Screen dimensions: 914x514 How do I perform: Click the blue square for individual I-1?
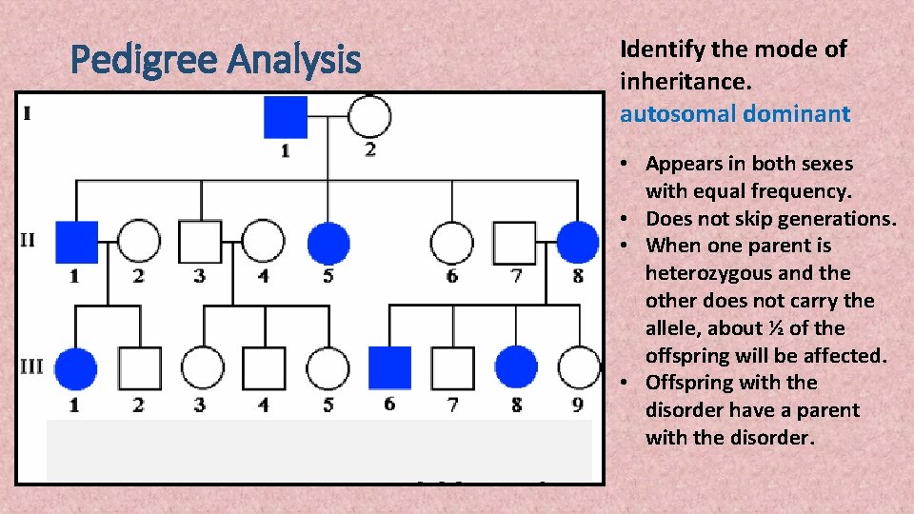286,117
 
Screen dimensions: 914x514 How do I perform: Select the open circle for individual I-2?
368,117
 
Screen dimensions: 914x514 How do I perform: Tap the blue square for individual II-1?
76,242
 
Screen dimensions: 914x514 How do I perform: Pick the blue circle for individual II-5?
328,242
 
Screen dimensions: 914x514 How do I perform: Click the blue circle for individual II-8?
577,242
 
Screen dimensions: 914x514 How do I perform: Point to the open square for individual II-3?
201,242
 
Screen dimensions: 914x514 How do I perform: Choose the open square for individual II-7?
514,242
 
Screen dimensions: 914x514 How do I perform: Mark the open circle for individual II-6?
451,242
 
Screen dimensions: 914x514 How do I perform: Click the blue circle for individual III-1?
76,368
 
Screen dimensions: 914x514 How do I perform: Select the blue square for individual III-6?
389,368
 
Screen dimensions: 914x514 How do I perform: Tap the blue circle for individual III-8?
516,368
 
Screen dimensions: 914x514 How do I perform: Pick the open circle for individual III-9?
578,368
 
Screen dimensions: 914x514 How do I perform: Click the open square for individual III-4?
264,368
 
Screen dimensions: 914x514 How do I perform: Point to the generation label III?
31,366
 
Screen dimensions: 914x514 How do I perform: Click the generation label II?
28,239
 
